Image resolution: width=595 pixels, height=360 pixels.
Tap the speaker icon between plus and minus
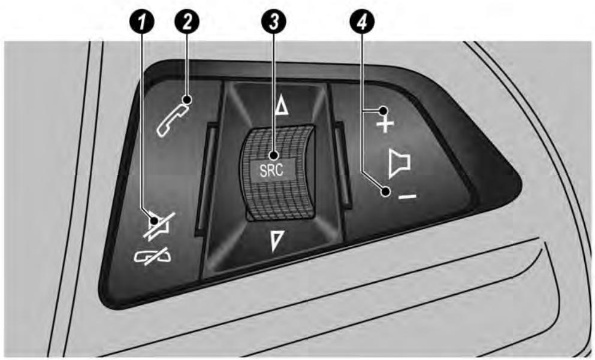(398, 162)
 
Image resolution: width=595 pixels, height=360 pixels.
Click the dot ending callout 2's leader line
(186, 99)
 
